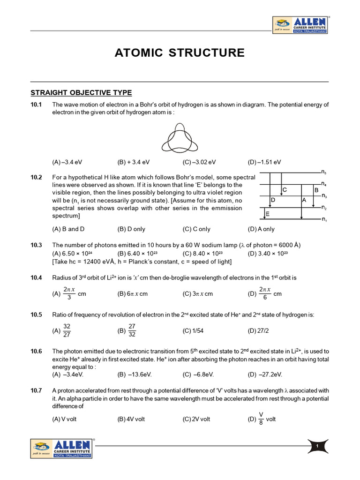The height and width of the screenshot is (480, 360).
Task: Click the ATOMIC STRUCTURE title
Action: tap(180, 53)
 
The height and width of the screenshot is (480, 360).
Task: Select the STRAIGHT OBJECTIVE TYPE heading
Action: tap(81, 92)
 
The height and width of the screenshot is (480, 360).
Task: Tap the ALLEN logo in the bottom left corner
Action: tap(62, 448)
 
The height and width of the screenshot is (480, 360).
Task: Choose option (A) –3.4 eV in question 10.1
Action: tap(68, 162)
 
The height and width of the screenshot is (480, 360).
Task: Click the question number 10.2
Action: tap(37, 177)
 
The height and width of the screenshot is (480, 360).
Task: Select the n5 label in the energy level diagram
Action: tap(324, 172)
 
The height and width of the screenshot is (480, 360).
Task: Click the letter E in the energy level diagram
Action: tap(268, 214)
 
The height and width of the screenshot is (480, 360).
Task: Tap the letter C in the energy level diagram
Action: tap(284, 190)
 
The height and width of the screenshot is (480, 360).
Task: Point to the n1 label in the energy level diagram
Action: tap(324, 219)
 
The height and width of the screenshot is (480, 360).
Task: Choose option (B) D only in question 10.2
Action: tap(131, 229)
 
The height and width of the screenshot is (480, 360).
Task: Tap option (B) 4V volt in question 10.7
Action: tap(131, 419)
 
